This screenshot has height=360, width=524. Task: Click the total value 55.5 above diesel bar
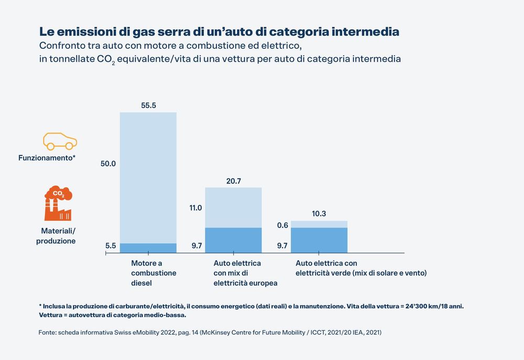click(x=148, y=105)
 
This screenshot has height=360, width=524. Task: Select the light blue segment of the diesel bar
click(x=148, y=178)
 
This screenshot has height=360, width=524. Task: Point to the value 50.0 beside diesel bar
click(x=108, y=164)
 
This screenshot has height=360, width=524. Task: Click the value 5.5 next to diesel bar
click(x=111, y=245)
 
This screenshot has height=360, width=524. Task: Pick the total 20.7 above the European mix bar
click(x=233, y=181)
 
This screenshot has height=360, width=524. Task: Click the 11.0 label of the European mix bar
click(x=195, y=208)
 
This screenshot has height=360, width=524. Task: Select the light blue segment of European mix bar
click(x=233, y=208)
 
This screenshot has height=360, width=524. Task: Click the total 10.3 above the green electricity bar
click(x=319, y=214)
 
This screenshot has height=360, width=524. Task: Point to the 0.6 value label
click(x=282, y=225)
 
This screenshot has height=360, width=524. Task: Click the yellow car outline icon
click(x=60, y=140)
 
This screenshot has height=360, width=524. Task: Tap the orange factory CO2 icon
click(x=58, y=204)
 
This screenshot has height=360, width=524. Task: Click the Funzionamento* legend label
click(x=47, y=157)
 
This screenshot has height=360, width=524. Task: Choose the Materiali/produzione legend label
click(x=57, y=236)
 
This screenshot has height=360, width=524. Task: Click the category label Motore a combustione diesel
click(x=146, y=273)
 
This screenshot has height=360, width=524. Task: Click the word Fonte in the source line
click(x=47, y=333)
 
